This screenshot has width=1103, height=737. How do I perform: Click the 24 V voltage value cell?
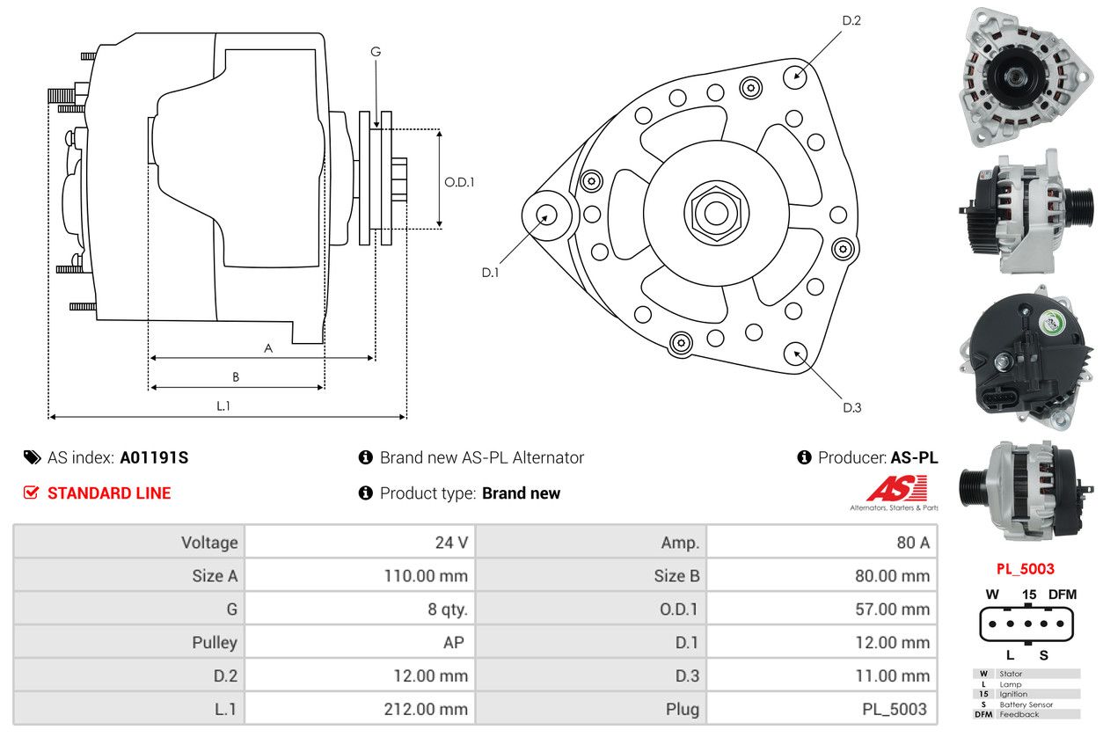coord(451,543)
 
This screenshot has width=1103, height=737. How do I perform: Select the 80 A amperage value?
coord(912,543)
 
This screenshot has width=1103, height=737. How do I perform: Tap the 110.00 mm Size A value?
coord(427,576)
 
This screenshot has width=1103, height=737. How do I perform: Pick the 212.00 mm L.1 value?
coord(427,709)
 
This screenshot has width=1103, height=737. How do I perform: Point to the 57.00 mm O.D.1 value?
coord(891,609)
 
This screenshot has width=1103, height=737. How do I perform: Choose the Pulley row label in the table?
coord(215,643)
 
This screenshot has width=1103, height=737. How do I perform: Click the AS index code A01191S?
coord(154,457)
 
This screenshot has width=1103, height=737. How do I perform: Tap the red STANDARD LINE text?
coord(109,493)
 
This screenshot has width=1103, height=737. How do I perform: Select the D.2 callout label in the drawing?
coord(851,19)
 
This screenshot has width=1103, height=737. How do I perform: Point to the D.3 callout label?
coord(851,407)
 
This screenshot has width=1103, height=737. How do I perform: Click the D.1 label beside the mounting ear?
coord(490,273)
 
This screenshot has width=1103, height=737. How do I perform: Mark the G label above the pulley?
coord(376,52)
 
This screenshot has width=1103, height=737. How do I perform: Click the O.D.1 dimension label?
coord(459,182)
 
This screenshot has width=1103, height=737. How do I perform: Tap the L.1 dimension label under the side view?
coord(223,405)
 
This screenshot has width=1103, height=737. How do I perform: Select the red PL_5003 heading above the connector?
coord(1025,569)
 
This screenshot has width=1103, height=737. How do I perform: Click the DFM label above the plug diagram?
coord(1062,595)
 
